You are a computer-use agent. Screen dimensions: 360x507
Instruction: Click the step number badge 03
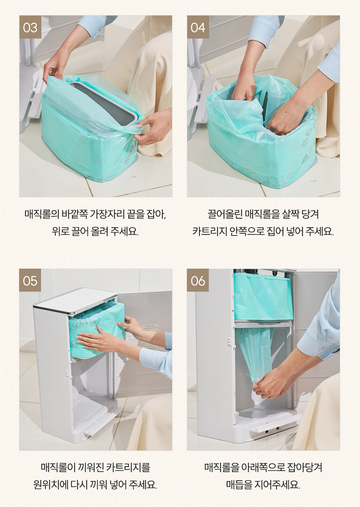point(30,27)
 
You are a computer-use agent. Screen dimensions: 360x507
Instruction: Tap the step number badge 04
point(198,27)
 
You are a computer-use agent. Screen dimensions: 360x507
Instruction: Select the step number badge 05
point(30,280)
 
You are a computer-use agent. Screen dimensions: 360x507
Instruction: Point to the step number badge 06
point(198,280)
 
